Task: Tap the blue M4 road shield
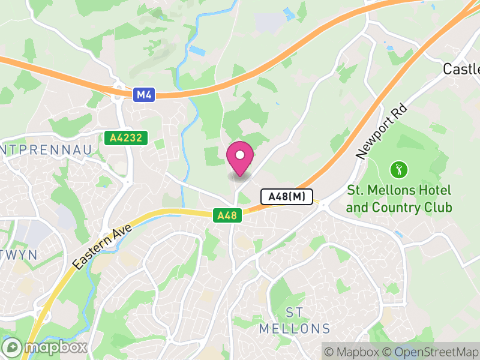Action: pyautogui.click(x=142, y=94)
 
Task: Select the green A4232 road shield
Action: pyautogui.click(x=126, y=138)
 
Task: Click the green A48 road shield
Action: pyautogui.click(x=227, y=215)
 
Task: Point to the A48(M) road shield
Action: pyautogui.click(x=287, y=196)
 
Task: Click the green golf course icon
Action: pyautogui.click(x=397, y=170)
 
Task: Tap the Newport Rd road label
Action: pyautogui.click(x=381, y=133)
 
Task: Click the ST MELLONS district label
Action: pyautogui.click(x=295, y=320)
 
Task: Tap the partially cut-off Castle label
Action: pyautogui.click(x=462, y=69)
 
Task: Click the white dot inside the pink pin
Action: pyautogui.click(x=240, y=155)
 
